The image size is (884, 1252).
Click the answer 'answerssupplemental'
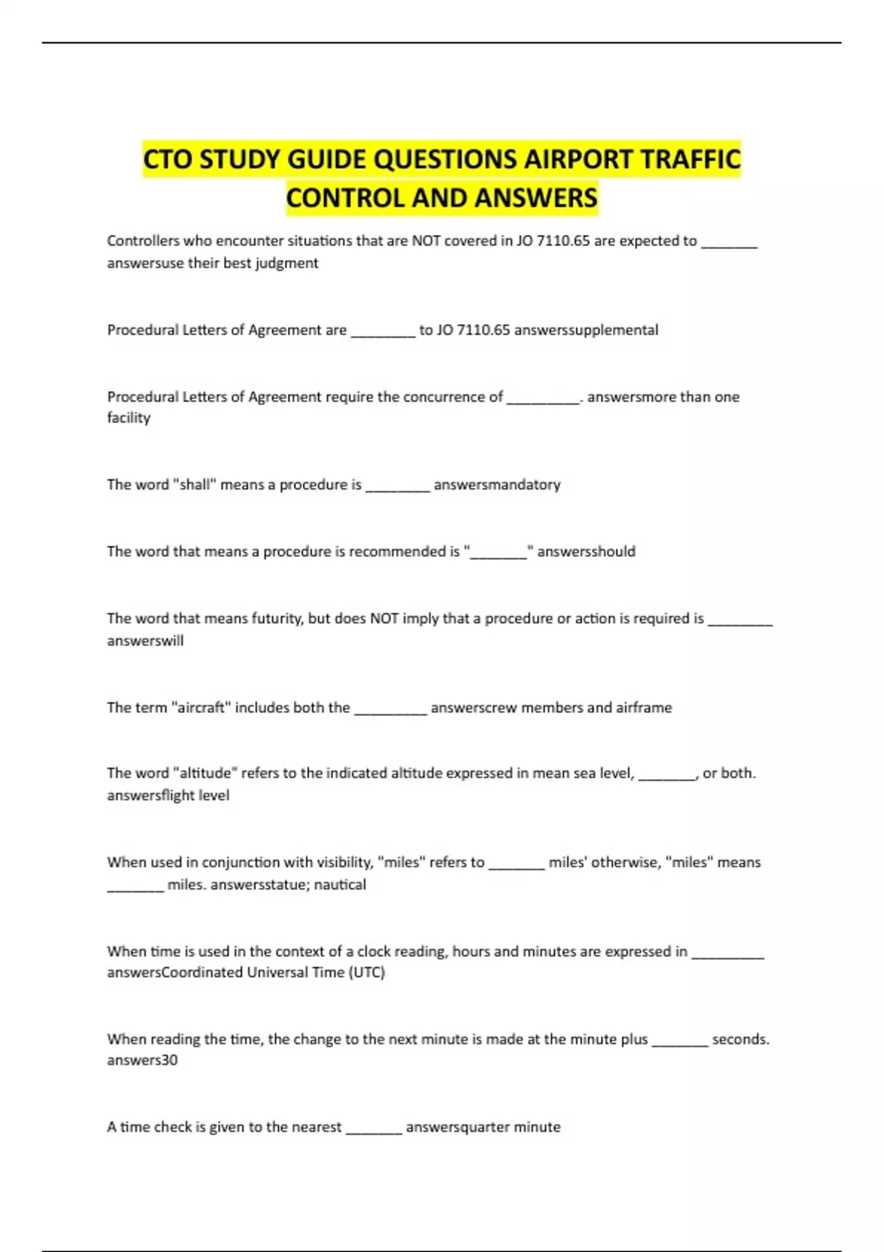pyautogui.click(x=586, y=330)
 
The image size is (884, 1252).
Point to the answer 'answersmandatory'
pyautogui.click(x=497, y=485)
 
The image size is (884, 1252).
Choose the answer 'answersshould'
pyautogui.click(x=586, y=552)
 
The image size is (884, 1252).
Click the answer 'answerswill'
pyautogui.click(x=145, y=641)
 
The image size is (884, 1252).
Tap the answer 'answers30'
pyautogui.click(x=142, y=1061)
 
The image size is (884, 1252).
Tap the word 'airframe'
pyautogui.click(x=644, y=708)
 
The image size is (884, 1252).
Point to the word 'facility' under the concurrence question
pyautogui.click(x=129, y=418)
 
